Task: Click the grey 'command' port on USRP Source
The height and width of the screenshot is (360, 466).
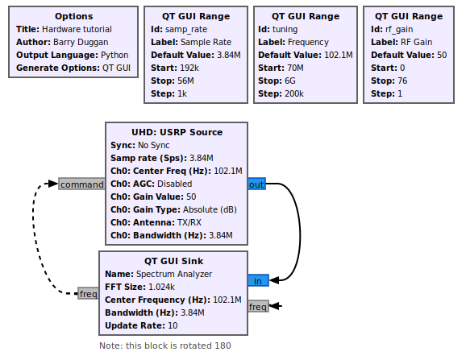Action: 81,184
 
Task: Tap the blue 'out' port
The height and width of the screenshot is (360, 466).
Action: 256,184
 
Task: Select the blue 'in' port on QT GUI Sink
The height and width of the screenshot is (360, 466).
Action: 258,280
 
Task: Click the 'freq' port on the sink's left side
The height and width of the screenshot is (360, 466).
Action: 88,293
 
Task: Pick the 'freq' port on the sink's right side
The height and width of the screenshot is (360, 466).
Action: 258,306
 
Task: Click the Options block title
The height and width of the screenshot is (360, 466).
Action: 73,16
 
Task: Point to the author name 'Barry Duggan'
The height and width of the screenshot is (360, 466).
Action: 81,42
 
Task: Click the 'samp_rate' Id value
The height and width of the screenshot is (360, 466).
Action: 186,29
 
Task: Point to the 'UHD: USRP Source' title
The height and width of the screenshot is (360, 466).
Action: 177,132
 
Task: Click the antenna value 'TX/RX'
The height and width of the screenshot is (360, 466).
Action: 189,222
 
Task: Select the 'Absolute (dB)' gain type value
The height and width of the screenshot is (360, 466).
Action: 210,209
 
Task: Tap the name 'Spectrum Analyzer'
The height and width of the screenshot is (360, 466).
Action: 174,274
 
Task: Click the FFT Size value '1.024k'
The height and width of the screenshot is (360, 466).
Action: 161,287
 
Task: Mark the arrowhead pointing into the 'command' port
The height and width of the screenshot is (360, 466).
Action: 53,184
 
